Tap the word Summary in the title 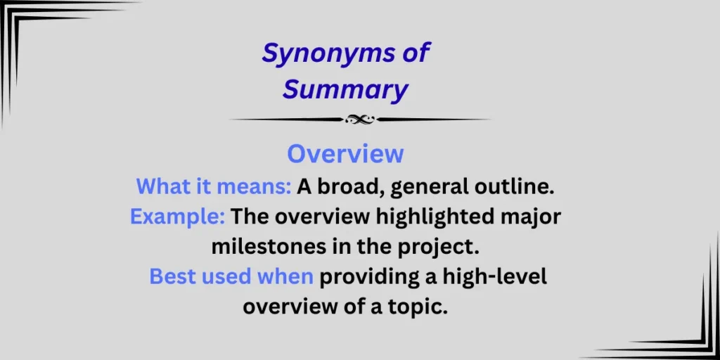345,90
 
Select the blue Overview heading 345,153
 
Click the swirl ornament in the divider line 359,120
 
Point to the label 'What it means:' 213,186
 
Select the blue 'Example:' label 177,217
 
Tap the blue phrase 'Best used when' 231,277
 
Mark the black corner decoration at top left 28,28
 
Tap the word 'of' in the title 413,54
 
